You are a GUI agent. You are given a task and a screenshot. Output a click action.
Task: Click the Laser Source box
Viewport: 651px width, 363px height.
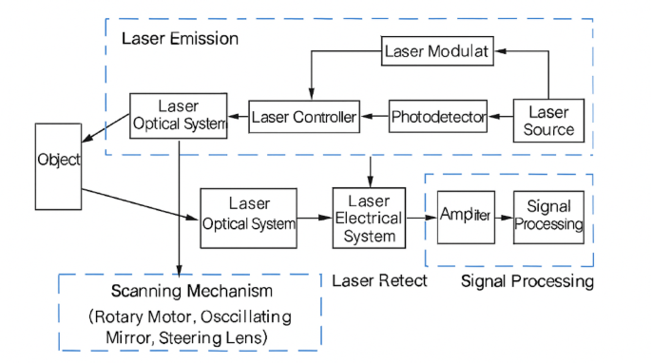click(549, 120)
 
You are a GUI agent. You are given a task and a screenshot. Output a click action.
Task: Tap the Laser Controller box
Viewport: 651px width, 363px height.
click(304, 118)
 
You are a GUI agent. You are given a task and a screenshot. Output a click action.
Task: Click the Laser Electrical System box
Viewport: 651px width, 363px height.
click(368, 218)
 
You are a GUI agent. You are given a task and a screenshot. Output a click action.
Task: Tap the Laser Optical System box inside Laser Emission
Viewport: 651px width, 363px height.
click(179, 115)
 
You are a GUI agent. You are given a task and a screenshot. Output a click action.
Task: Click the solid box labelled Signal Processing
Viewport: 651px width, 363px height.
click(548, 216)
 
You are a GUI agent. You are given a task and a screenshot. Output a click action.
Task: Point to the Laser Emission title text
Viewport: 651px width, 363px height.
click(180, 39)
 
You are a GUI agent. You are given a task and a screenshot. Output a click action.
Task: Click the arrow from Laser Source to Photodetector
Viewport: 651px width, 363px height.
click(501, 118)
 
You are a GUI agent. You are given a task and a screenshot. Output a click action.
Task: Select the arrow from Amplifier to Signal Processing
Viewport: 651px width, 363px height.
click(503, 217)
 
